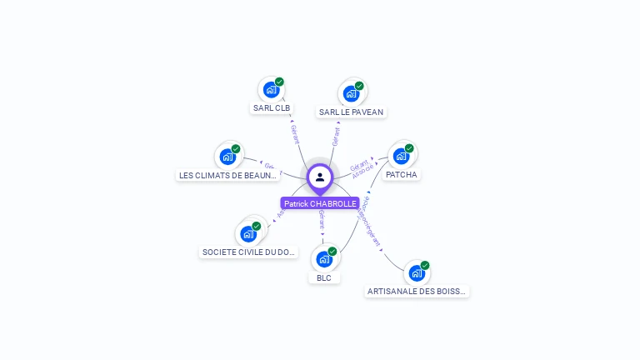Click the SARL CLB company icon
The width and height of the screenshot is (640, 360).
270,89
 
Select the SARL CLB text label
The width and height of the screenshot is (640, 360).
271,108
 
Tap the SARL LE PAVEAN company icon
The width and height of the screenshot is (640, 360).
350,92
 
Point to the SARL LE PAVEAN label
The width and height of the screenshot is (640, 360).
352,112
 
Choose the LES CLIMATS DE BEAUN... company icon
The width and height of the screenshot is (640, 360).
227,156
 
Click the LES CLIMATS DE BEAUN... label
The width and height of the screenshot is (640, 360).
227,175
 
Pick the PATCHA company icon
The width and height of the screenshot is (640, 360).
401,156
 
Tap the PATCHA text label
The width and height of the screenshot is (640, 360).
402,175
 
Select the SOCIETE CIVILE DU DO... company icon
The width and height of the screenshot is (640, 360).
248,233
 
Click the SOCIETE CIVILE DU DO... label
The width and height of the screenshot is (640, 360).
249,252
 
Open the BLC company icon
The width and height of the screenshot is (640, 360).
323,259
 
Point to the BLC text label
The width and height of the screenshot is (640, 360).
324,278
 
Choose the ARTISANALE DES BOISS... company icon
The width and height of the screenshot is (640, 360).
417,272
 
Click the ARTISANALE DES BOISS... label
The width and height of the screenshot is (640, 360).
417,292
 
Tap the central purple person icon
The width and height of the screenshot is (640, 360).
320,177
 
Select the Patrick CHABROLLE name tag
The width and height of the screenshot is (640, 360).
320,203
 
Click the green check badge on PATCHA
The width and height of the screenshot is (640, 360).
409,148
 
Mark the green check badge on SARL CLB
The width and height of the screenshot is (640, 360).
279,82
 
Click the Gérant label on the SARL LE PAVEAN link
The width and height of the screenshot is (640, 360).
336,136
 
